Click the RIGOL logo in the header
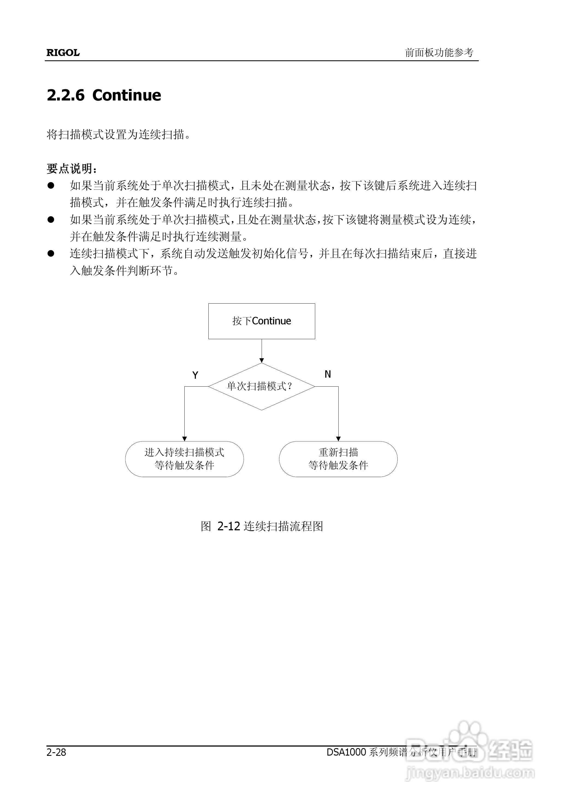point(63,53)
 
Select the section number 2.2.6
point(66,95)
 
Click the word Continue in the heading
point(127,95)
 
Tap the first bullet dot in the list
point(51,185)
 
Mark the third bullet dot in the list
point(51,253)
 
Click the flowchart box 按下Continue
point(261,321)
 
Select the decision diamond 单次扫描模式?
point(261,386)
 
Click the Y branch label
point(196,375)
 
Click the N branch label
point(327,374)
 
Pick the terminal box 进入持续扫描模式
point(184,459)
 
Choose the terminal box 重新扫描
point(338,459)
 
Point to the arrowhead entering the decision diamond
point(261,360)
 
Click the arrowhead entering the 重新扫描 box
point(338,439)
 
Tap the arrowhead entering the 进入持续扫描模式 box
point(185,439)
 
